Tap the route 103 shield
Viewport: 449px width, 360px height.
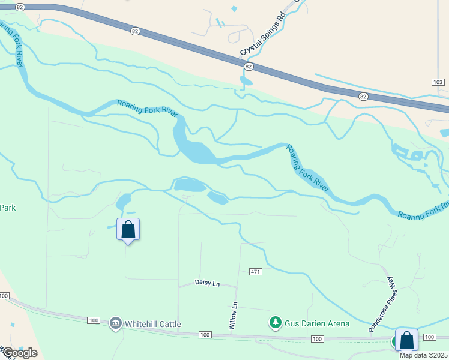click(438, 82)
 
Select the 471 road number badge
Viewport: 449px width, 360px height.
click(256, 272)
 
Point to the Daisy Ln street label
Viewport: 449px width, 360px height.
click(208, 283)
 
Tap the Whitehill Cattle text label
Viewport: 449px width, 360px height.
click(153, 324)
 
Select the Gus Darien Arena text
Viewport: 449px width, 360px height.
click(318, 323)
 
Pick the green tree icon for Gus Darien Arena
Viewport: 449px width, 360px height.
click(275, 323)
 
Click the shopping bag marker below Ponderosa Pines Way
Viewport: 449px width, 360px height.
click(406, 340)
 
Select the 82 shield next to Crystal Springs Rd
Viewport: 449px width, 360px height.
click(249, 67)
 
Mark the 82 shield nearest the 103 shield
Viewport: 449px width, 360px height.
click(363, 96)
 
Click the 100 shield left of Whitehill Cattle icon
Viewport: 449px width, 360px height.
click(93, 320)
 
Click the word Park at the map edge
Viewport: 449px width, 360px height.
click(7, 208)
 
